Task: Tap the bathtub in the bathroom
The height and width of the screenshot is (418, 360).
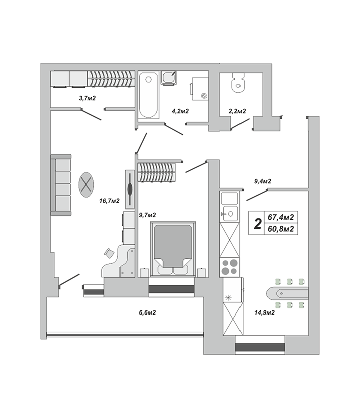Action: [148, 95]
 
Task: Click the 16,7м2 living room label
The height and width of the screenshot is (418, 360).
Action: [109, 201]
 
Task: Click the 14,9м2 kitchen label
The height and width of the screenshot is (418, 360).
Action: [264, 312]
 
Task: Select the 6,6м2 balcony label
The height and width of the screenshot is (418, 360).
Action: [147, 312]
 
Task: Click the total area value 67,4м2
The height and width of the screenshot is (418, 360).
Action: [281, 217]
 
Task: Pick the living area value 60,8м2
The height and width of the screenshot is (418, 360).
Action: [281, 229]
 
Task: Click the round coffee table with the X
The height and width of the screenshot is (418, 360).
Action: [87, 184]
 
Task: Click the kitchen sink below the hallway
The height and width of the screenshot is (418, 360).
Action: [230, 213]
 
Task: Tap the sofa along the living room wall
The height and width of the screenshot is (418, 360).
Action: [61, 185]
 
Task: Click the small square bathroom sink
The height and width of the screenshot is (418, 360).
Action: [168, 78]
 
